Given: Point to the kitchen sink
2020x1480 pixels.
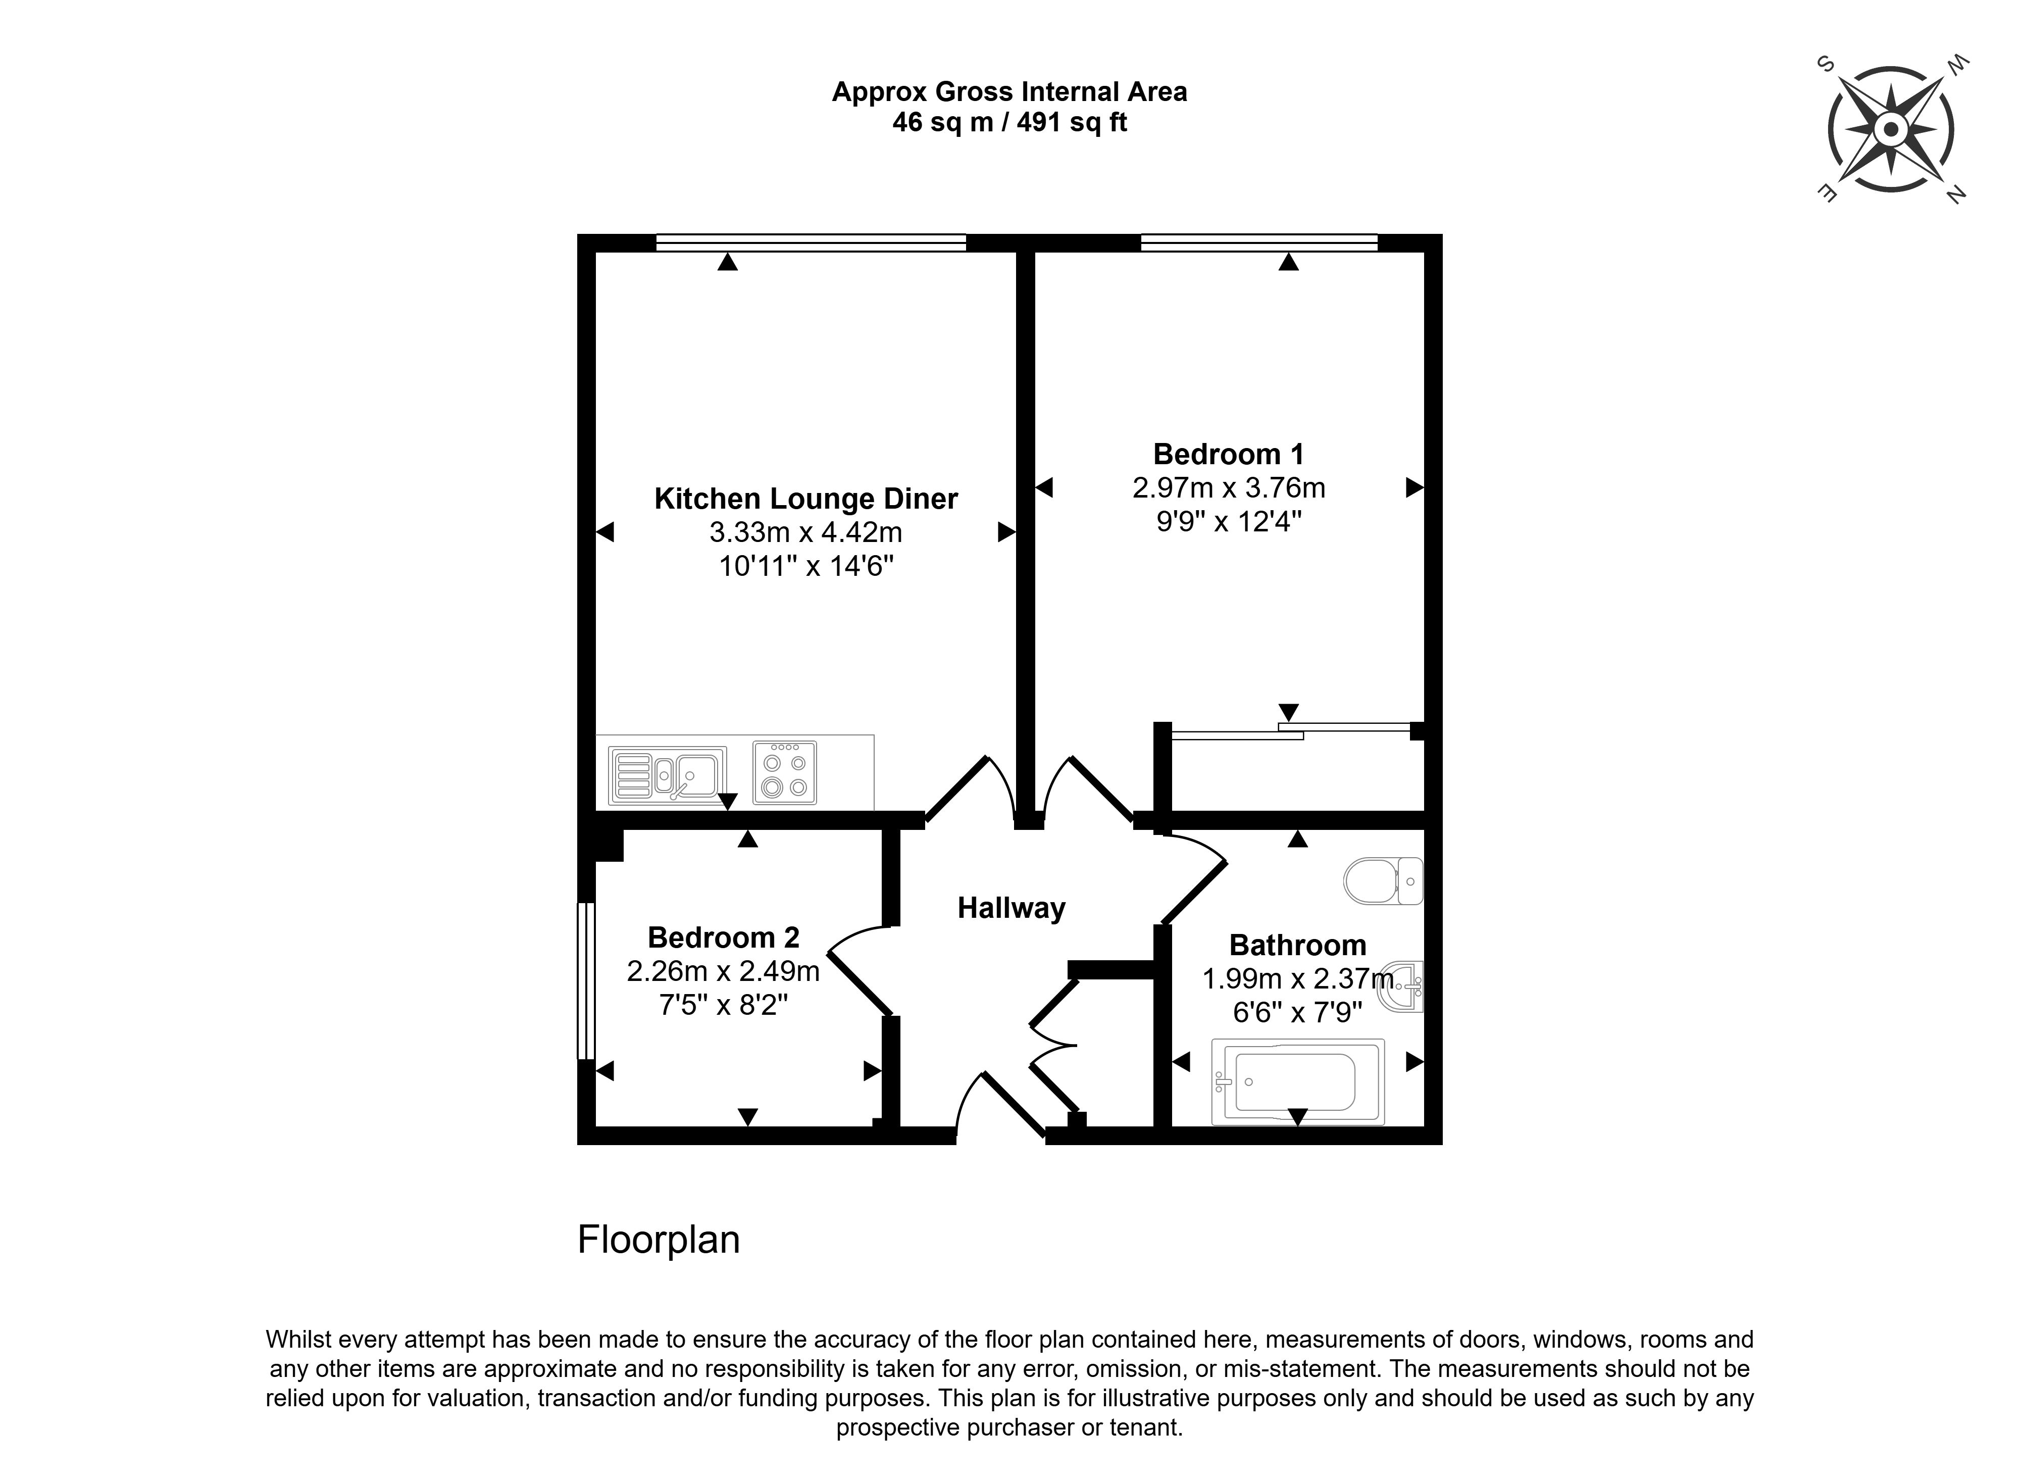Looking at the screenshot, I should point(668,774).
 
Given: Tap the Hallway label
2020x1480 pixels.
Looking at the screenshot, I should point(1011,908).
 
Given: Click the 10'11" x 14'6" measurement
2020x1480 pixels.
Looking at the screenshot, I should point(806,566).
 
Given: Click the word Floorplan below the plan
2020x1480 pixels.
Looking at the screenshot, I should point(659,1240).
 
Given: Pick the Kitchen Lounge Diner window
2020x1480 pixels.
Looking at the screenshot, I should point(811,242).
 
